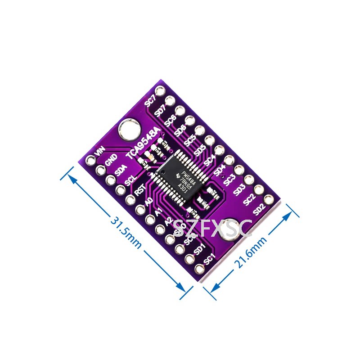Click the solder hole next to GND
(x=100, y=169)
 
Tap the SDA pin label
(x=120, y=170)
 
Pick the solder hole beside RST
(x=130, y=200)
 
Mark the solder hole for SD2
(x=269, y=199)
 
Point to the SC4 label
(x=209, y=159)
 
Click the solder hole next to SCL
(x=120, y=190)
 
